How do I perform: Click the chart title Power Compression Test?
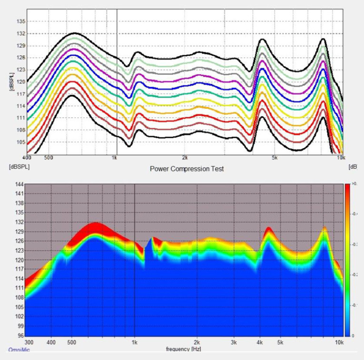pos(187,169)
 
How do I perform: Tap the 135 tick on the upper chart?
pos(20,22)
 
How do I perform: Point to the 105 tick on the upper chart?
pos(20,142)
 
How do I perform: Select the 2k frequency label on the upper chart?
pos(185,158)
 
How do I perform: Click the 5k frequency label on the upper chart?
pos(275,158)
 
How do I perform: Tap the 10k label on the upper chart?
pos(340,158)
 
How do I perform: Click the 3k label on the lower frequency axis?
pos(234,342)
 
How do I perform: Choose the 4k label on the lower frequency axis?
pos(260,342)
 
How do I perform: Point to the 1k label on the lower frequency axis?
pos(134,342)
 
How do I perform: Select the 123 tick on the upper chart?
pos(20,70)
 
